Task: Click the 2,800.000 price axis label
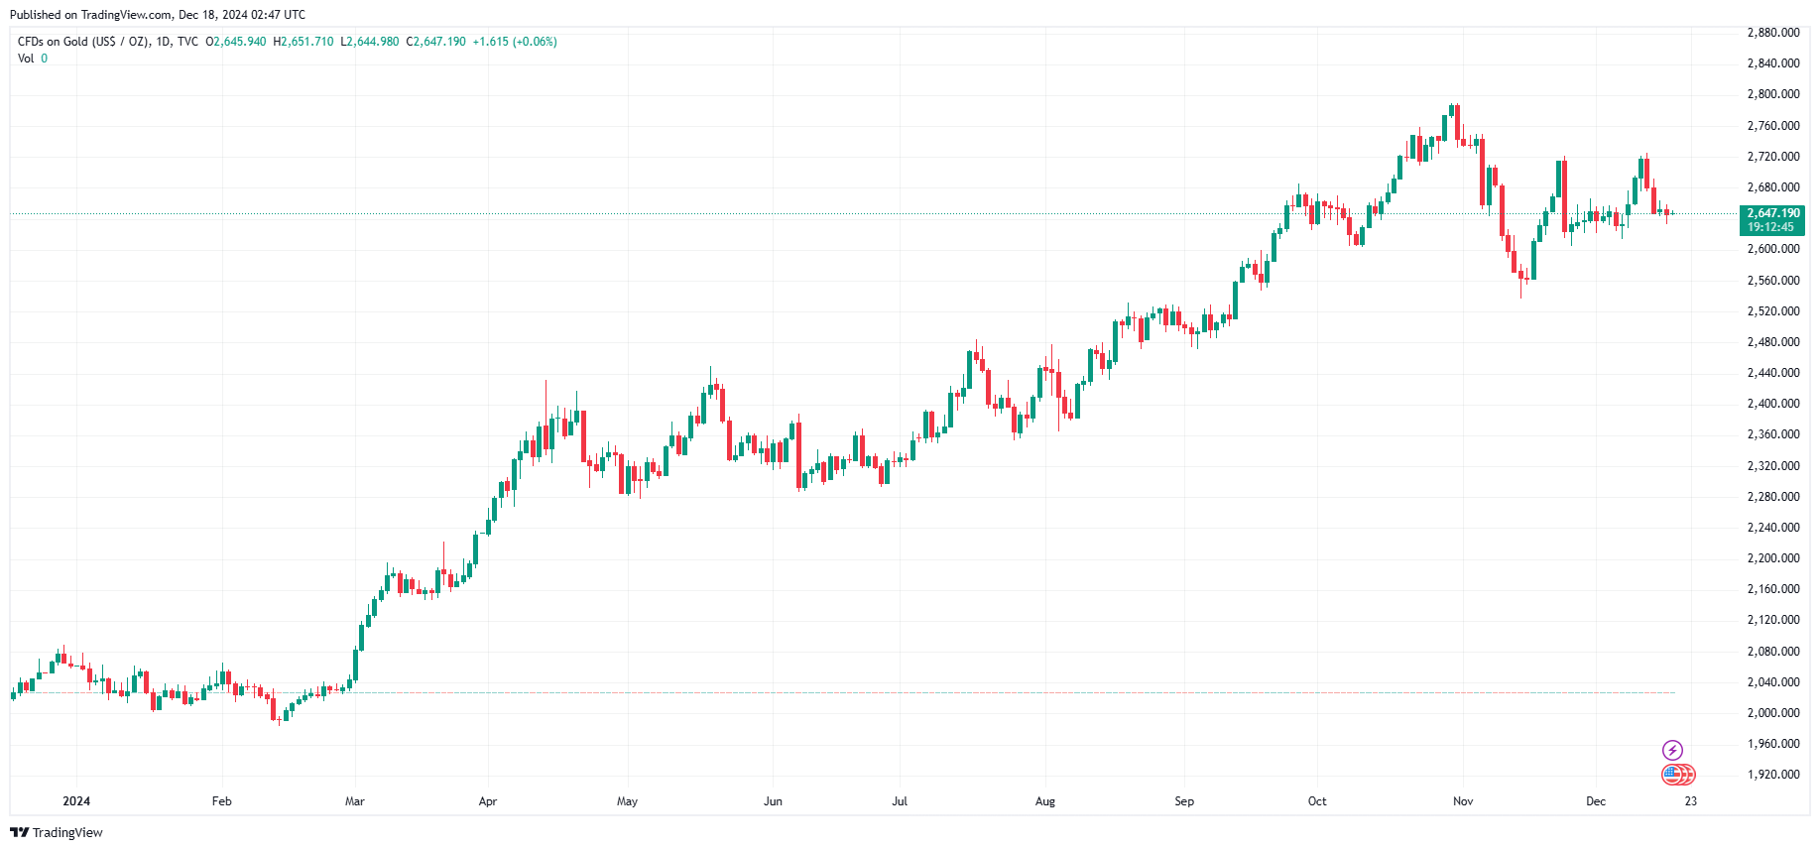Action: pos(1772,94)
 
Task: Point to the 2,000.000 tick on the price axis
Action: pos(1772,713)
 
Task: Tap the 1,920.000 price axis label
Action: pos(1772,775)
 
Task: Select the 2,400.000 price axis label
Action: pos(1772,404)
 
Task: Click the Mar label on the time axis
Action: pos(354,801)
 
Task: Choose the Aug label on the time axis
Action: pos(1044,801)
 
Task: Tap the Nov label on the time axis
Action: pos(1463,801)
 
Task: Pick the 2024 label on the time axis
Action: pos(76,801)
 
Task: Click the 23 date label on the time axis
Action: pos(1690,801)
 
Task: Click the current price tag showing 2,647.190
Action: pos(1772,213)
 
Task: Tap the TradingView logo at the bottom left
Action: pos(57,832)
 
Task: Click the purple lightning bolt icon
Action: pos(1672,750)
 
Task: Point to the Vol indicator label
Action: pos(26,59)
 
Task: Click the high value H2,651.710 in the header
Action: pos(303,42)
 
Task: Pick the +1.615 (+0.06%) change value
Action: pos(515,42)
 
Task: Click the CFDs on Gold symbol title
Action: pos(82,42)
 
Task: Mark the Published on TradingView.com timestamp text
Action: pos(158,15)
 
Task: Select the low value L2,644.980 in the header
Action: pos(370,42)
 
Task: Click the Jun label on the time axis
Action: pos(773,801)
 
